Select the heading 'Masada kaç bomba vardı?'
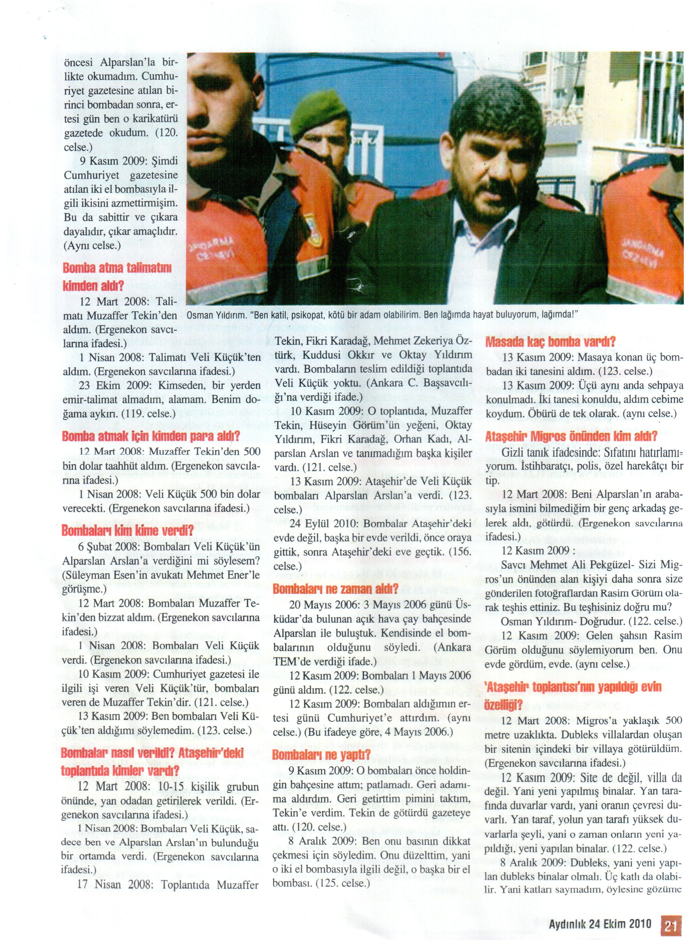click(x=550, y=342)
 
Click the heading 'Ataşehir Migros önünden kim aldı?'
click(x=571, y=436)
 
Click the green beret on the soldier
click(x=320, y=113)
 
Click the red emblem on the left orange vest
click(x=310, y=219)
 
